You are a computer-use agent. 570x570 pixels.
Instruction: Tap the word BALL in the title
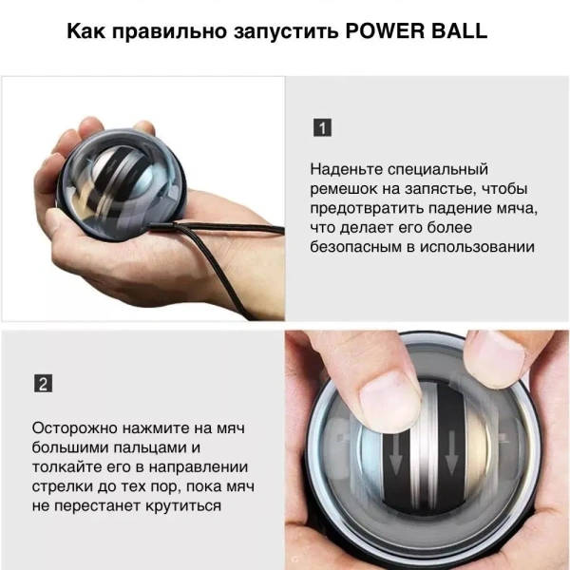[x=459, y=31]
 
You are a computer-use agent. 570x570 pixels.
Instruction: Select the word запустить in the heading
[x=280, y=32]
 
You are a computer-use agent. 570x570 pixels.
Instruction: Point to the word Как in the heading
[x=88, y=31]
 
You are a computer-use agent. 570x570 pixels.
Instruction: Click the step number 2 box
[x=43, y=384]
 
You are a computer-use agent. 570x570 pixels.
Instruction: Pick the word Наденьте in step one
[x=350, y=169]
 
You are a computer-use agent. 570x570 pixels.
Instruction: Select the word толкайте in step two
[x=69, y=466]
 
